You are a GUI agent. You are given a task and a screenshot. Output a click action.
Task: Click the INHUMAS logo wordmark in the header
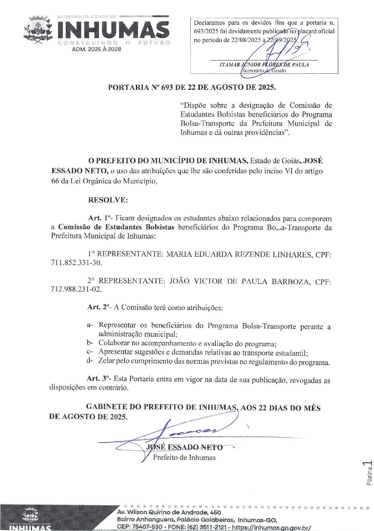(113, 30)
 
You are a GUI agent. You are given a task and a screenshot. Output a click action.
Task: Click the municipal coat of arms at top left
(38, 30)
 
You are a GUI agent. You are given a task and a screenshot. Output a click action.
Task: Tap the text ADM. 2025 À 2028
(96, 49)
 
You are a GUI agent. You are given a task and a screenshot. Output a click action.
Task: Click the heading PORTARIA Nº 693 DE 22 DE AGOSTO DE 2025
(192, 87)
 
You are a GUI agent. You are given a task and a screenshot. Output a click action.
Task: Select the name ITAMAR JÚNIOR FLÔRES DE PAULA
(264, 65)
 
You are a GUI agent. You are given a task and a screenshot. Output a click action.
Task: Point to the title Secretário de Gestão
(264, 70)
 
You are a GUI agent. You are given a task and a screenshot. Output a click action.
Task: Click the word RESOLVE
(108, 200)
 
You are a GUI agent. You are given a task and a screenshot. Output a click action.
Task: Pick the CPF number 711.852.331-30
(76, 263)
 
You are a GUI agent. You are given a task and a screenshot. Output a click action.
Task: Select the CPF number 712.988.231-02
(76, 289)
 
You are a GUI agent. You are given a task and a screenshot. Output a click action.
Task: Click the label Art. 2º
(98, 307)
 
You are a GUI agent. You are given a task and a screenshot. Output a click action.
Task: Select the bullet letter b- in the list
(90, 343)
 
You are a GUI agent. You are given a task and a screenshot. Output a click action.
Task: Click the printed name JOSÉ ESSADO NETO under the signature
(184, 447)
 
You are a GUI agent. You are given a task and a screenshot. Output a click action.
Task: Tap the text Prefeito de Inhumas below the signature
(184, 457)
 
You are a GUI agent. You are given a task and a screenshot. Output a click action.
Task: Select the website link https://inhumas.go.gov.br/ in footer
(271, 527)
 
